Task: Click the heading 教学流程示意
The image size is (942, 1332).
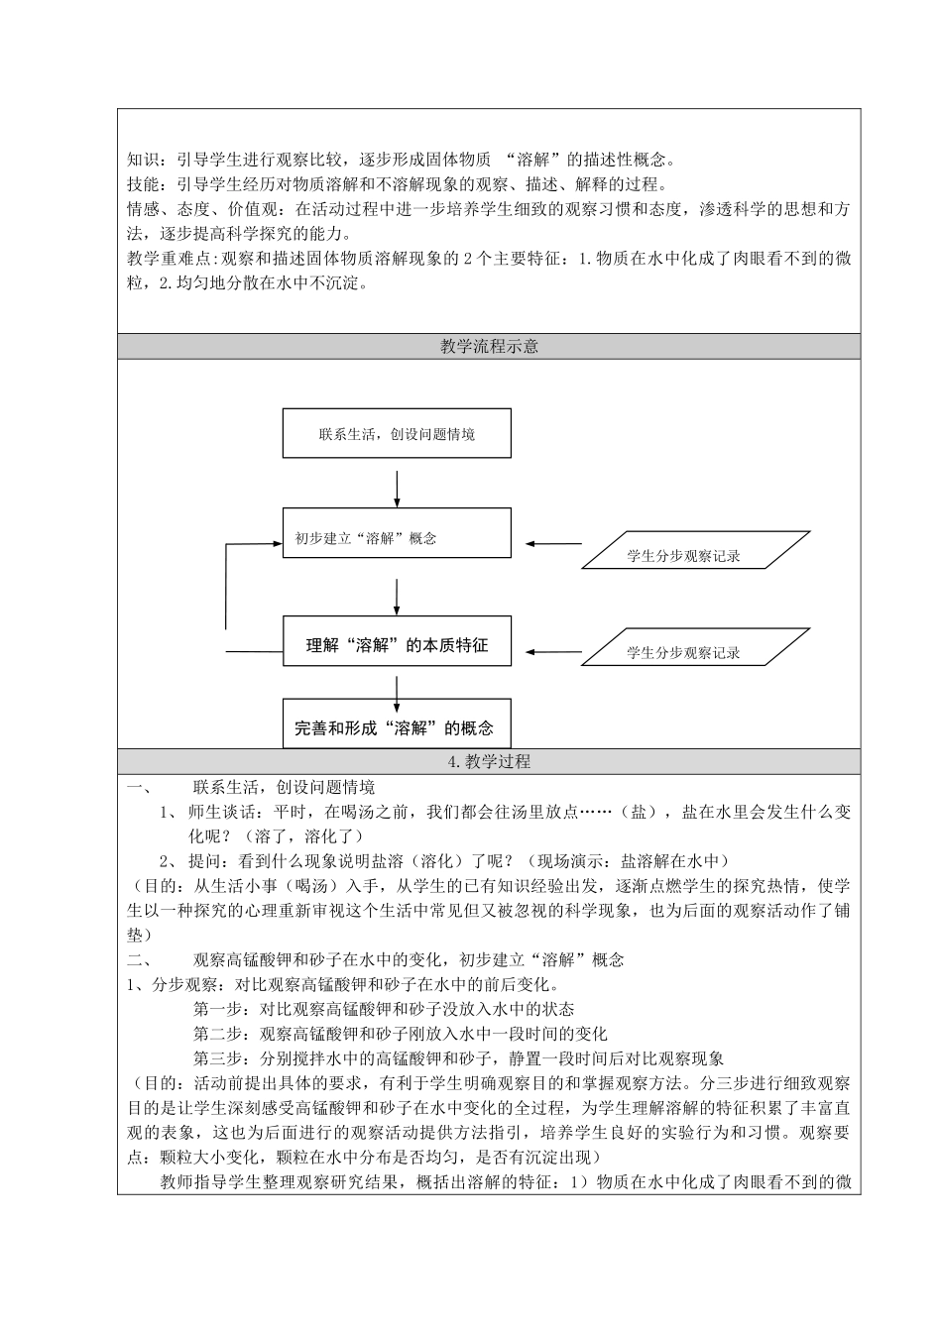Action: pyautogui.click(x=489, y=347)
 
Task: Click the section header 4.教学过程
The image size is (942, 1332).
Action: pyautogui.click(x=489, y=761)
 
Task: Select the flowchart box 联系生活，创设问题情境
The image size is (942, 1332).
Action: pyautogui.click(x=397, y=433)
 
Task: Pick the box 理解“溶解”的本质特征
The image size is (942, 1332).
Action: pyautogui.click(x=397, y=645)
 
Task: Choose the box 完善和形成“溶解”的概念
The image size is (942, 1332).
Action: pyautogui.click(x=397, y=727)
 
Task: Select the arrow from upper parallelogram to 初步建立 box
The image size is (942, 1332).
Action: pyautogui.click(x=553, y=543)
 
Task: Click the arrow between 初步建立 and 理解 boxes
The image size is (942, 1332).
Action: pyautogui.click(x=397, y=595)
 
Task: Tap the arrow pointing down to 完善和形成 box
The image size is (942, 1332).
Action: pyautogui.click(x=397, y=691)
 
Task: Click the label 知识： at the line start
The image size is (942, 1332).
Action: pyautogui.click(x=149, y=159)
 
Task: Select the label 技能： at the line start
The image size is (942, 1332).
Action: pyautogui.click(x=149, y=184)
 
